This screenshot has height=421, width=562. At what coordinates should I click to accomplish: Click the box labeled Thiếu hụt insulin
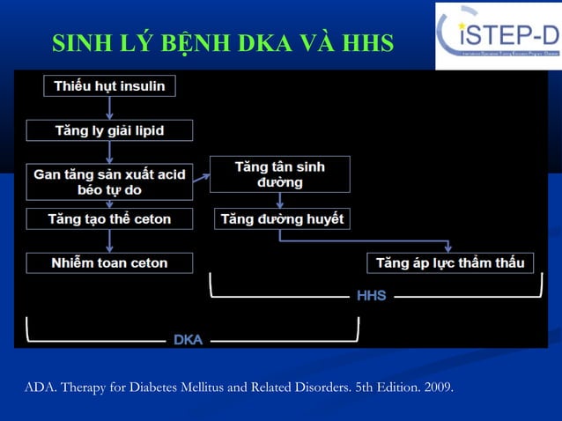point(109,85)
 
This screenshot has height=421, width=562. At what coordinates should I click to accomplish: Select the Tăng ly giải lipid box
point(109,130)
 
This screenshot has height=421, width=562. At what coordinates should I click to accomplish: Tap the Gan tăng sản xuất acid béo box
point(109,181)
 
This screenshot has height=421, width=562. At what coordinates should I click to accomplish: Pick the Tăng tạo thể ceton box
point(109,218)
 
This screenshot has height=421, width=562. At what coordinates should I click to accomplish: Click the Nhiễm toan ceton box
point(109,262)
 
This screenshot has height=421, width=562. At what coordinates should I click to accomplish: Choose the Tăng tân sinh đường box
point(279,174)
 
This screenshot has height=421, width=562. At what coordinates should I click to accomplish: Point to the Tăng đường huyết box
point(282,218)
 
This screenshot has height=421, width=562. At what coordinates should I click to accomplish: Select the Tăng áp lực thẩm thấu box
point(450,262)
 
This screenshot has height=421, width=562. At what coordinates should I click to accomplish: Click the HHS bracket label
point(371,296)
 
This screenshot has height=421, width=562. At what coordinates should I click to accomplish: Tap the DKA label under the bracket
point(188,339)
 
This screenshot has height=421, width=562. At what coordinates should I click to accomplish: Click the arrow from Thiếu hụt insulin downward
point(109,107)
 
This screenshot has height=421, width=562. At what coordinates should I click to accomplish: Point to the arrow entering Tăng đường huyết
point(279,200)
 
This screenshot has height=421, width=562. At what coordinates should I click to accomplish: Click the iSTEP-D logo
point(498,35)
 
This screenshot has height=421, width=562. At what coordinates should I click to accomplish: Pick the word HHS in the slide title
point(370,44)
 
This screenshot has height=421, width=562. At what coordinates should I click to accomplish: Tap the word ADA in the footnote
point(39,387)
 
